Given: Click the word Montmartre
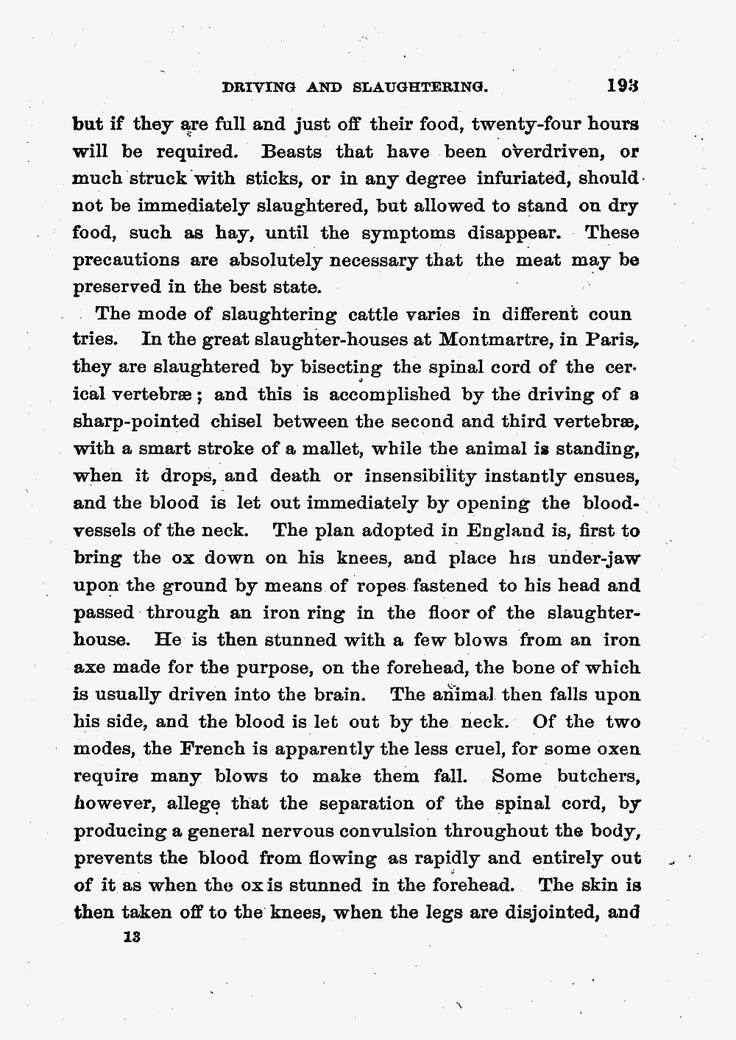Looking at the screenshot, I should click(x=500, y=340).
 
